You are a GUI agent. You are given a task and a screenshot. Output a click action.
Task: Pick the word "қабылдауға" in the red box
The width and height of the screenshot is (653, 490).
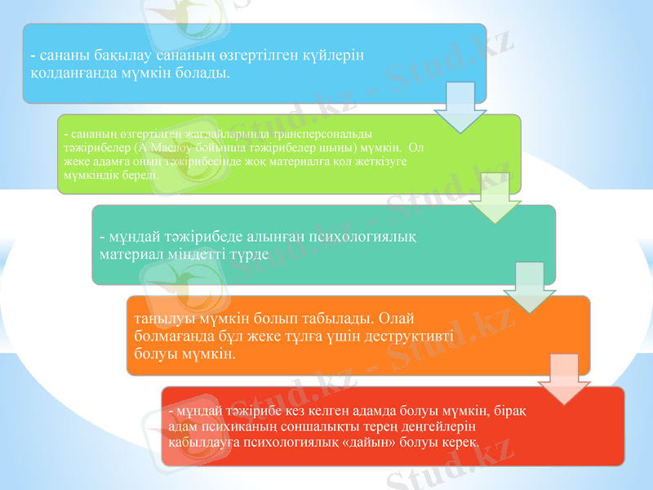(x=200, y=442)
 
